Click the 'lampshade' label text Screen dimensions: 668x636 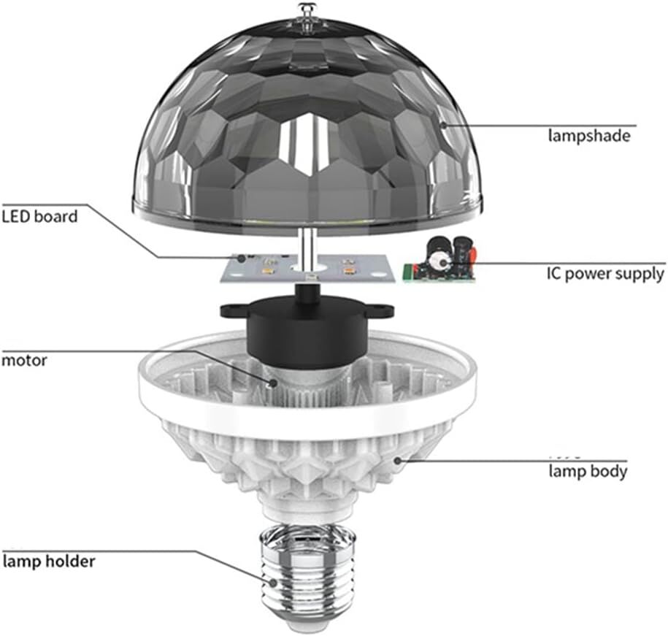pyautogui.click(x=588, y=136)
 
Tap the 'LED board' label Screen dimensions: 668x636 pyautogui.click(x=39, y=216)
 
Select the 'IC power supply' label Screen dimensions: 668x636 pyautogui.click(x=605, y=274)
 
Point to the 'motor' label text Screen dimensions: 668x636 pyautogui.click(x=24, y=361)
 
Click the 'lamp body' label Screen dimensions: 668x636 pyautogui.click(x=588, y=472)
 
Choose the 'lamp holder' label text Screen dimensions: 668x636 pyautogui.click(x=49, y=561)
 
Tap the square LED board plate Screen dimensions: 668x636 pyautogui.click(x=307, y=269)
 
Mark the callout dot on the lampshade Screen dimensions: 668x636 pyautogui.click(x=443, y=126)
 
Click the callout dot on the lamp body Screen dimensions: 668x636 pyautogui.click(x=397, y=460)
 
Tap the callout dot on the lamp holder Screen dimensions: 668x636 pyautogui.click(x=272, y=582)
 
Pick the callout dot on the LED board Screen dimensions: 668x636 pyautogui.click(x=241, y=258)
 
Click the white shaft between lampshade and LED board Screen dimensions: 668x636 pyautogui.click(x=308, y=248)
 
